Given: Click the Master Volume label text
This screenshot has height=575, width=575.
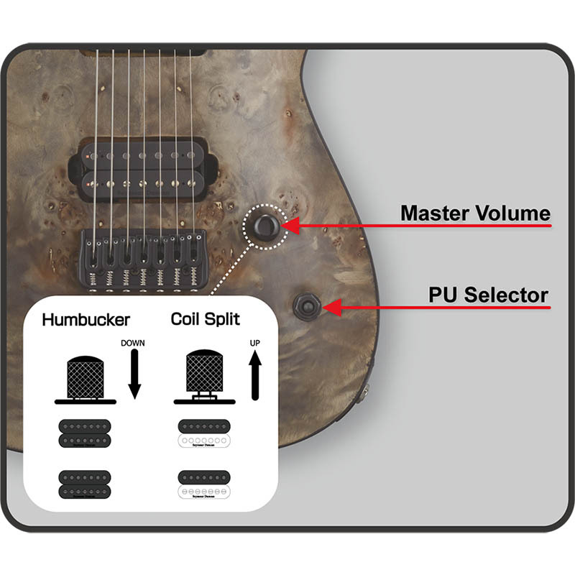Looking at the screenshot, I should (x=475, y=213).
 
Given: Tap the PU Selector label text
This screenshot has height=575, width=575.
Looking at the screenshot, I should (x=488, y=295).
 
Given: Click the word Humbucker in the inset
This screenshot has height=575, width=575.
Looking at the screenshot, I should (x=86, y=319).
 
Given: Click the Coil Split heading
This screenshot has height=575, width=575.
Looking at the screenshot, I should (x=205, y=319).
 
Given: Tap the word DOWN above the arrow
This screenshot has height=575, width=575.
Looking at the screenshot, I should (x=133, y=343).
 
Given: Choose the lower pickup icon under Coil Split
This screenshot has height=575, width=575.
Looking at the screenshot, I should (x=206, y=484).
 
